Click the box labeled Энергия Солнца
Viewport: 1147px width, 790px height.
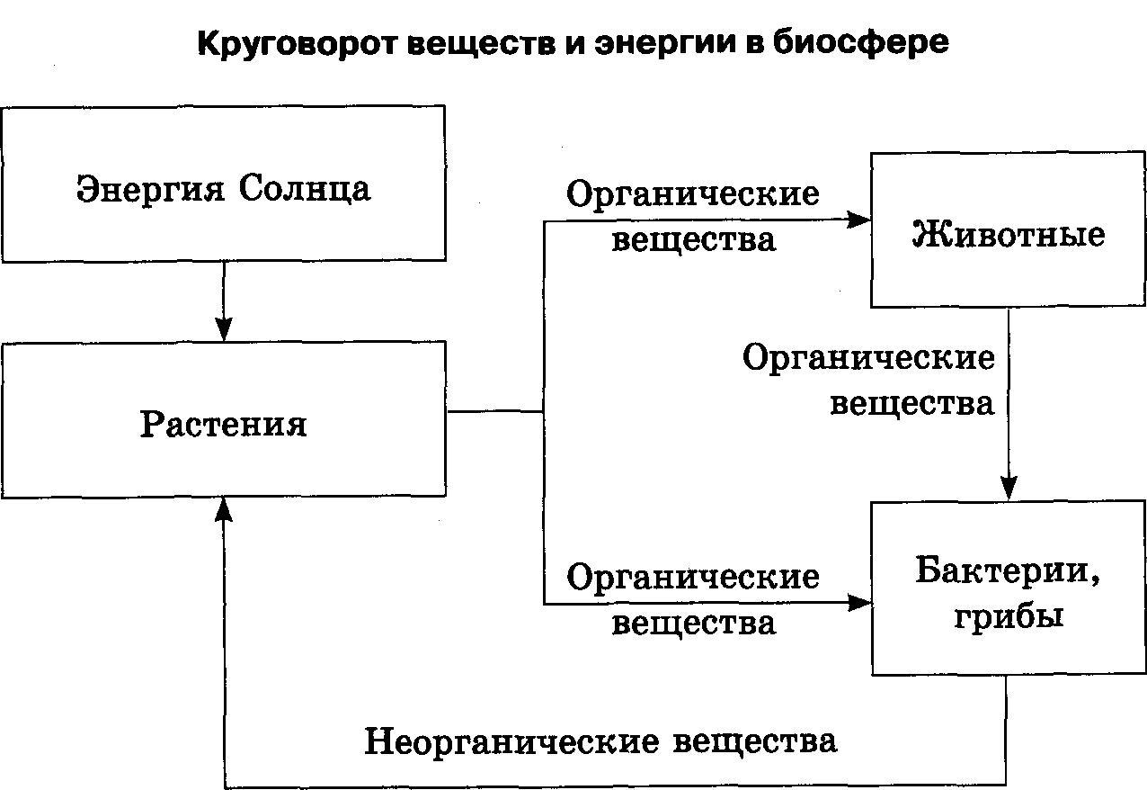[x=223, y=184]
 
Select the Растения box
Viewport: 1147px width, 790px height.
[x=223, y=419]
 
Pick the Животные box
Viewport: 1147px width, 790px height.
[x=1008, y=230]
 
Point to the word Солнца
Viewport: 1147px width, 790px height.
[x=306, y=190]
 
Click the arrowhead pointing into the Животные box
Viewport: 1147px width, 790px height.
[x=861, y=220]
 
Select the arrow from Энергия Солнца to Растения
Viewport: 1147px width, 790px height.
[x=224, y=301]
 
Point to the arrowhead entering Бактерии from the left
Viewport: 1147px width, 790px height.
[x=861, y=603]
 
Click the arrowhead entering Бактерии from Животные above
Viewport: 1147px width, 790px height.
[x=1008, y=490]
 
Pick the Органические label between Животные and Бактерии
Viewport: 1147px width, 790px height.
[x=868, y=358]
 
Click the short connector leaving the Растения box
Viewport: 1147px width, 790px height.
[x=494, y=411]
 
